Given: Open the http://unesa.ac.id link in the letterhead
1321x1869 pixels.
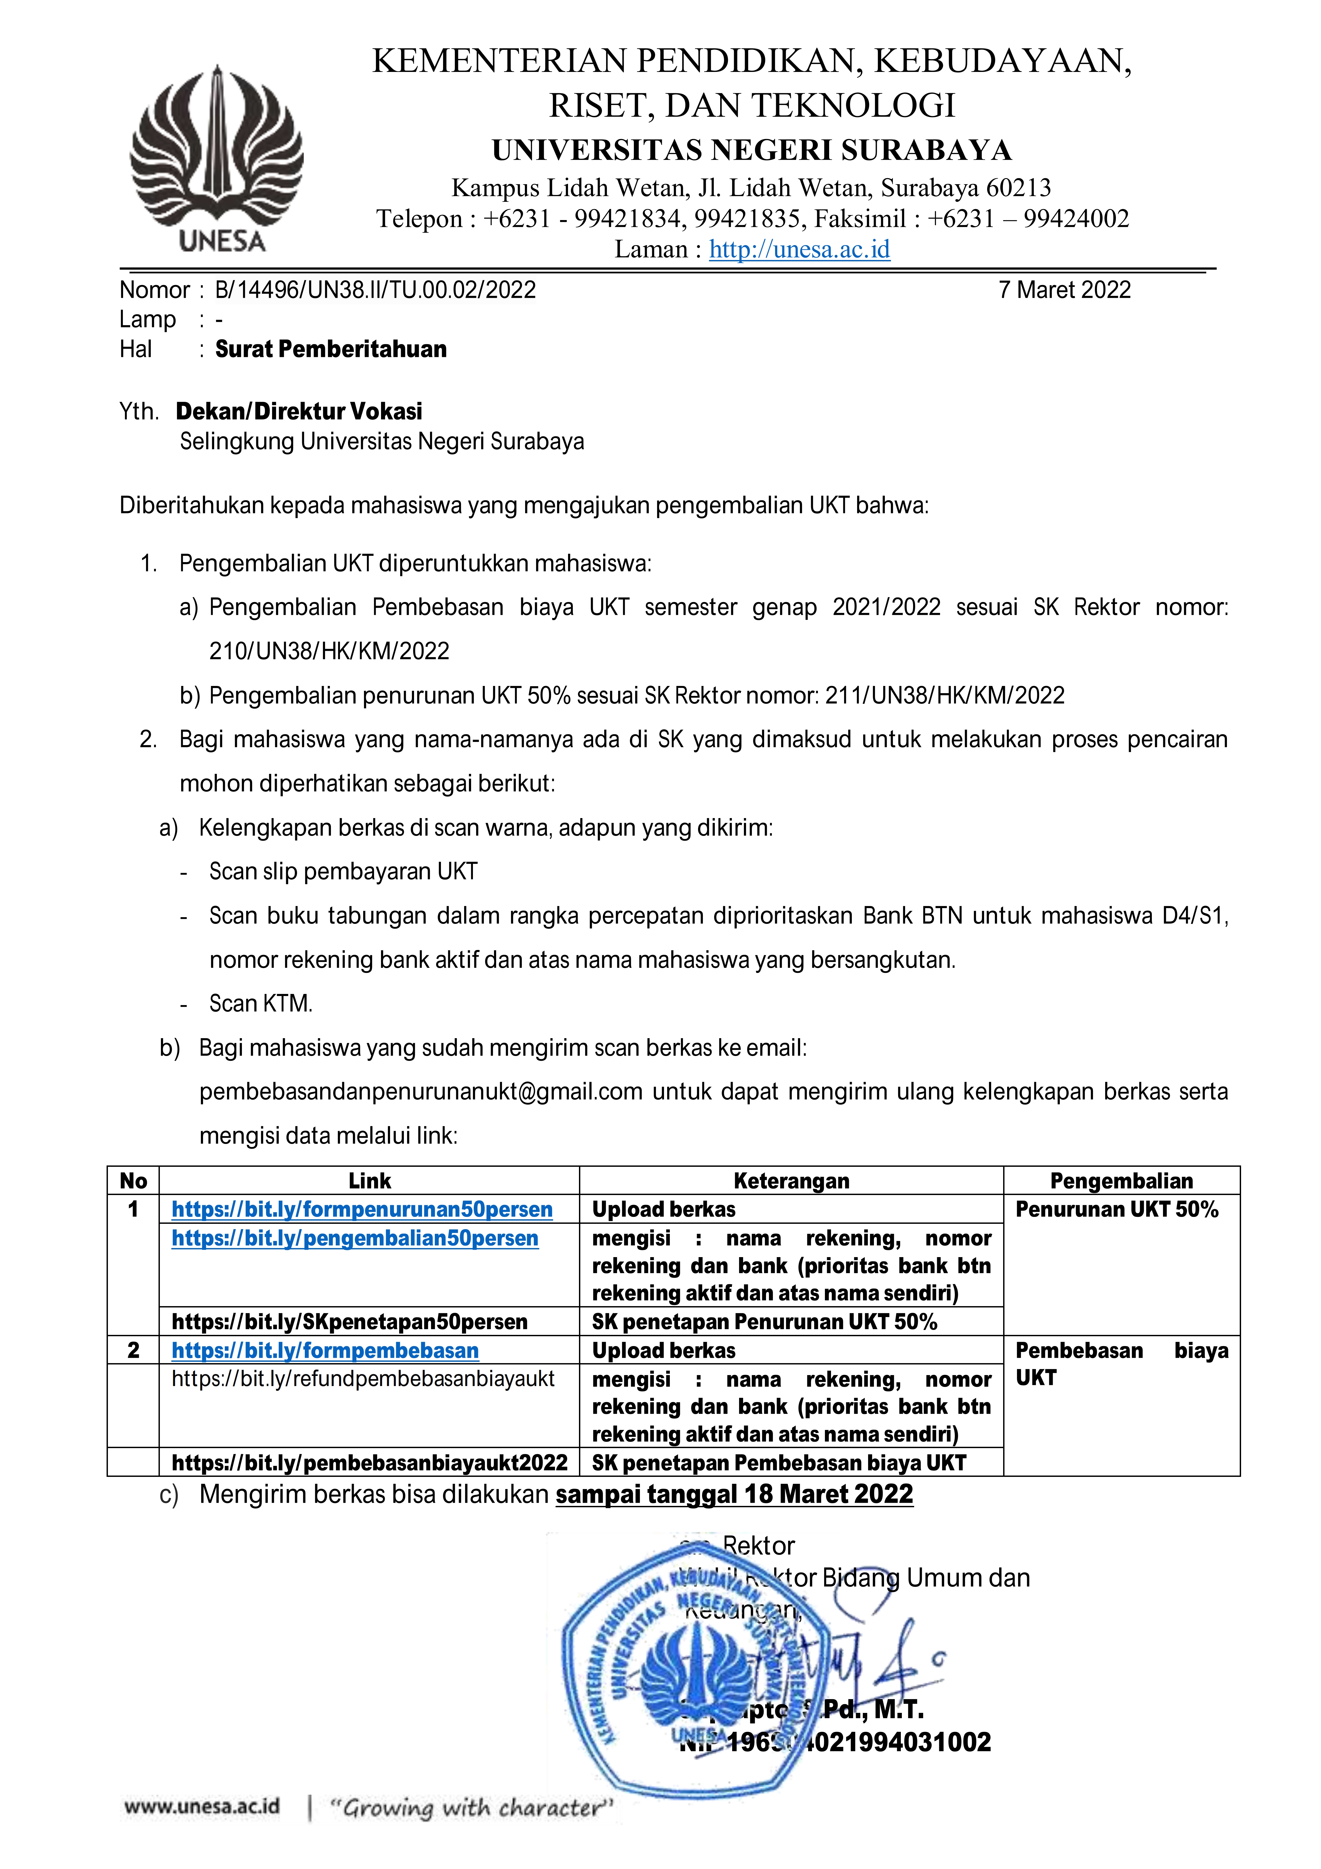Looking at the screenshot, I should (x=799, y=249).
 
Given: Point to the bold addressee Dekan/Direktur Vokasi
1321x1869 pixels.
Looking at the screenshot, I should (x=299, y=411).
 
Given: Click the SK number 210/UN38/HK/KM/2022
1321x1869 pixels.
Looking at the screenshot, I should (x=329, y=651).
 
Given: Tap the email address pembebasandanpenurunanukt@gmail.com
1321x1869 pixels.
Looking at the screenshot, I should (x=421, y=1092).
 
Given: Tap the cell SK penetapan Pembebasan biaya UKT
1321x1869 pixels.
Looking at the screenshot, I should (x=779, y=1463).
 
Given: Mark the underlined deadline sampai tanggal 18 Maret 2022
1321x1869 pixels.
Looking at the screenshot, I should (x=734, y=1494).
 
